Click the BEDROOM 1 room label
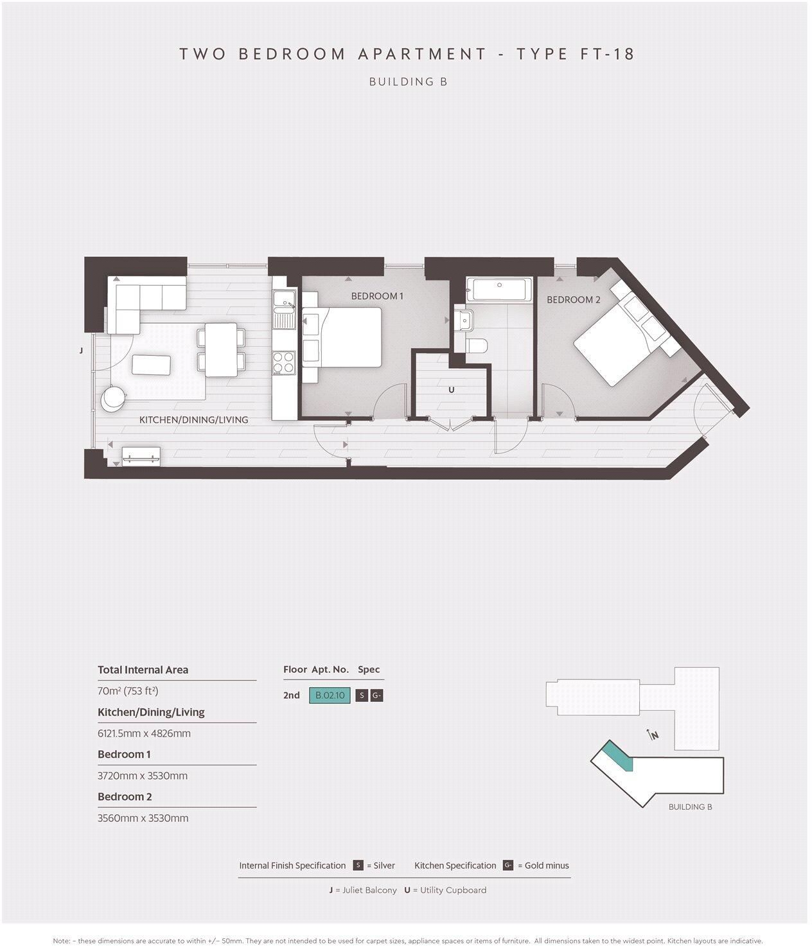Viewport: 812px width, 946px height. [x=377, y=296]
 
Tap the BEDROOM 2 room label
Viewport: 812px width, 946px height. [x=573, y=300]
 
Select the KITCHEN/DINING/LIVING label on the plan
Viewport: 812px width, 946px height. [x=193, y=420]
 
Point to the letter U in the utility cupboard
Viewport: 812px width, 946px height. [x=451, y=390]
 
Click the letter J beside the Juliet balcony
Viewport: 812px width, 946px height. [x=81, y=351]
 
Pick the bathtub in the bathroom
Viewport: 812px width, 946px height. [x=499, y=290]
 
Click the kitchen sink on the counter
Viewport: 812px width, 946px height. [x=283, y=317]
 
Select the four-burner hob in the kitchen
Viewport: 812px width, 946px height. [x=283, y=362]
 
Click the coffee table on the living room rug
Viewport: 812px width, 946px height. [x=152, y=365]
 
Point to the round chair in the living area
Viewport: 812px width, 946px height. [x=113, y=397]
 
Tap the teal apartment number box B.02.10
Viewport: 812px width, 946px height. [x=330, y=696]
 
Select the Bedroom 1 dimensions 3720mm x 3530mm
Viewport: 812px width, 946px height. [x=143, y=776]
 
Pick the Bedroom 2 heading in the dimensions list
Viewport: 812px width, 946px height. [x=125, y=797]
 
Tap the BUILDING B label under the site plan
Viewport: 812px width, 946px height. [x=690, y=807]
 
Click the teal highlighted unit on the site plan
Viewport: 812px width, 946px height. [x=618, y=755]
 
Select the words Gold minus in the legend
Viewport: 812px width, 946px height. [x=547, y=866]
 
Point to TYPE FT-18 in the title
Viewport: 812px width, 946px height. [x=576, y=54]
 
